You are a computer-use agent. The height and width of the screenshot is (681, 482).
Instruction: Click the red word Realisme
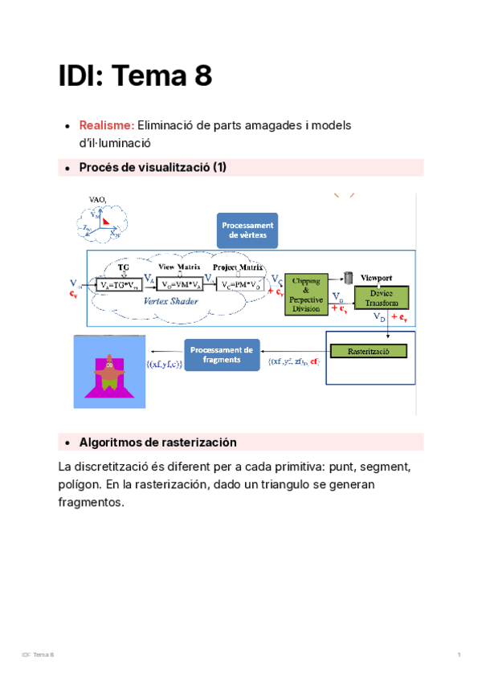coord(106,125)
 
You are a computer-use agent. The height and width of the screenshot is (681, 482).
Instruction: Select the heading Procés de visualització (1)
coord(153,167)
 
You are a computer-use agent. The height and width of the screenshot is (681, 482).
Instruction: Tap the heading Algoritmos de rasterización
coord(157,442)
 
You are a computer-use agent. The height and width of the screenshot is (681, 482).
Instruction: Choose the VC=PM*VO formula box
coord(239,284)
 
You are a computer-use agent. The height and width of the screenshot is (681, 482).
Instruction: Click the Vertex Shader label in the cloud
coord(170,301)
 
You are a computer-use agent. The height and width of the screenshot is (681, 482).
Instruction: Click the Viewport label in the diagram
coord(381,275)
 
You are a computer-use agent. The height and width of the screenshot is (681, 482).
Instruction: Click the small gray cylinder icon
coord(349,278)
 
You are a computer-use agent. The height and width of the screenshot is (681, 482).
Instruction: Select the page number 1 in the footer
coord(457,656)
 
